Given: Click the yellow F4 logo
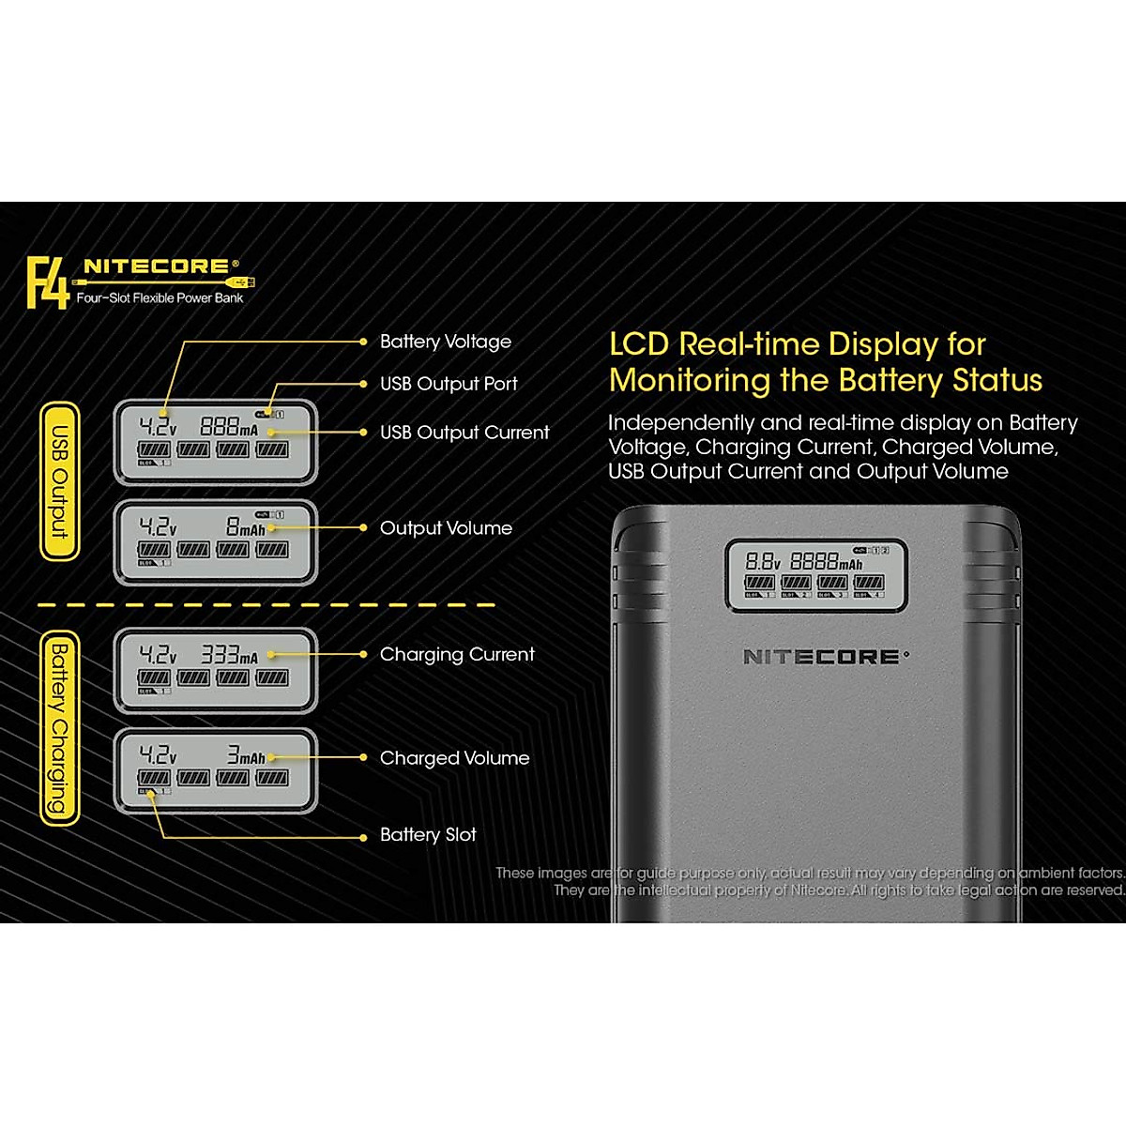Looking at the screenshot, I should coord(47,282).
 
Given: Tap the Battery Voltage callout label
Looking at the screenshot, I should coord(445,342).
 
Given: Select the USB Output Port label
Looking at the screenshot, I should coord(449,384).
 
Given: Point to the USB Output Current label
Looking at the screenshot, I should coord(464,433).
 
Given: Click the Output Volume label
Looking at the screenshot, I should coord(446,528).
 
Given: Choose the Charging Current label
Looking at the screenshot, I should coord(457,654).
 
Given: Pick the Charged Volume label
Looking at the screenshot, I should coord(454,758).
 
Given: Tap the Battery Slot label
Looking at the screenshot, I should coord(428,835).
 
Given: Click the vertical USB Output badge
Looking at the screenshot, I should coord(59,482).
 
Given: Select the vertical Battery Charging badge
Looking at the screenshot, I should coord(59,728).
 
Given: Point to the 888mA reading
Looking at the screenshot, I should coord(228,426).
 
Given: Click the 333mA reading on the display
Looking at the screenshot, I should coord(228,655).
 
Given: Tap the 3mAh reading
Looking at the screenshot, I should coord(246,755).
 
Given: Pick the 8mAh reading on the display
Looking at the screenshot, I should coord(245,528).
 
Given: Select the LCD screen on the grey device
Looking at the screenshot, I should coord(815,575).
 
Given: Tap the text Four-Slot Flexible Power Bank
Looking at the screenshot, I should coord(160,298).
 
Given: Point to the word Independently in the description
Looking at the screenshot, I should coord(680,423).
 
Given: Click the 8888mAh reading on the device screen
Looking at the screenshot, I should coord(826,562).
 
